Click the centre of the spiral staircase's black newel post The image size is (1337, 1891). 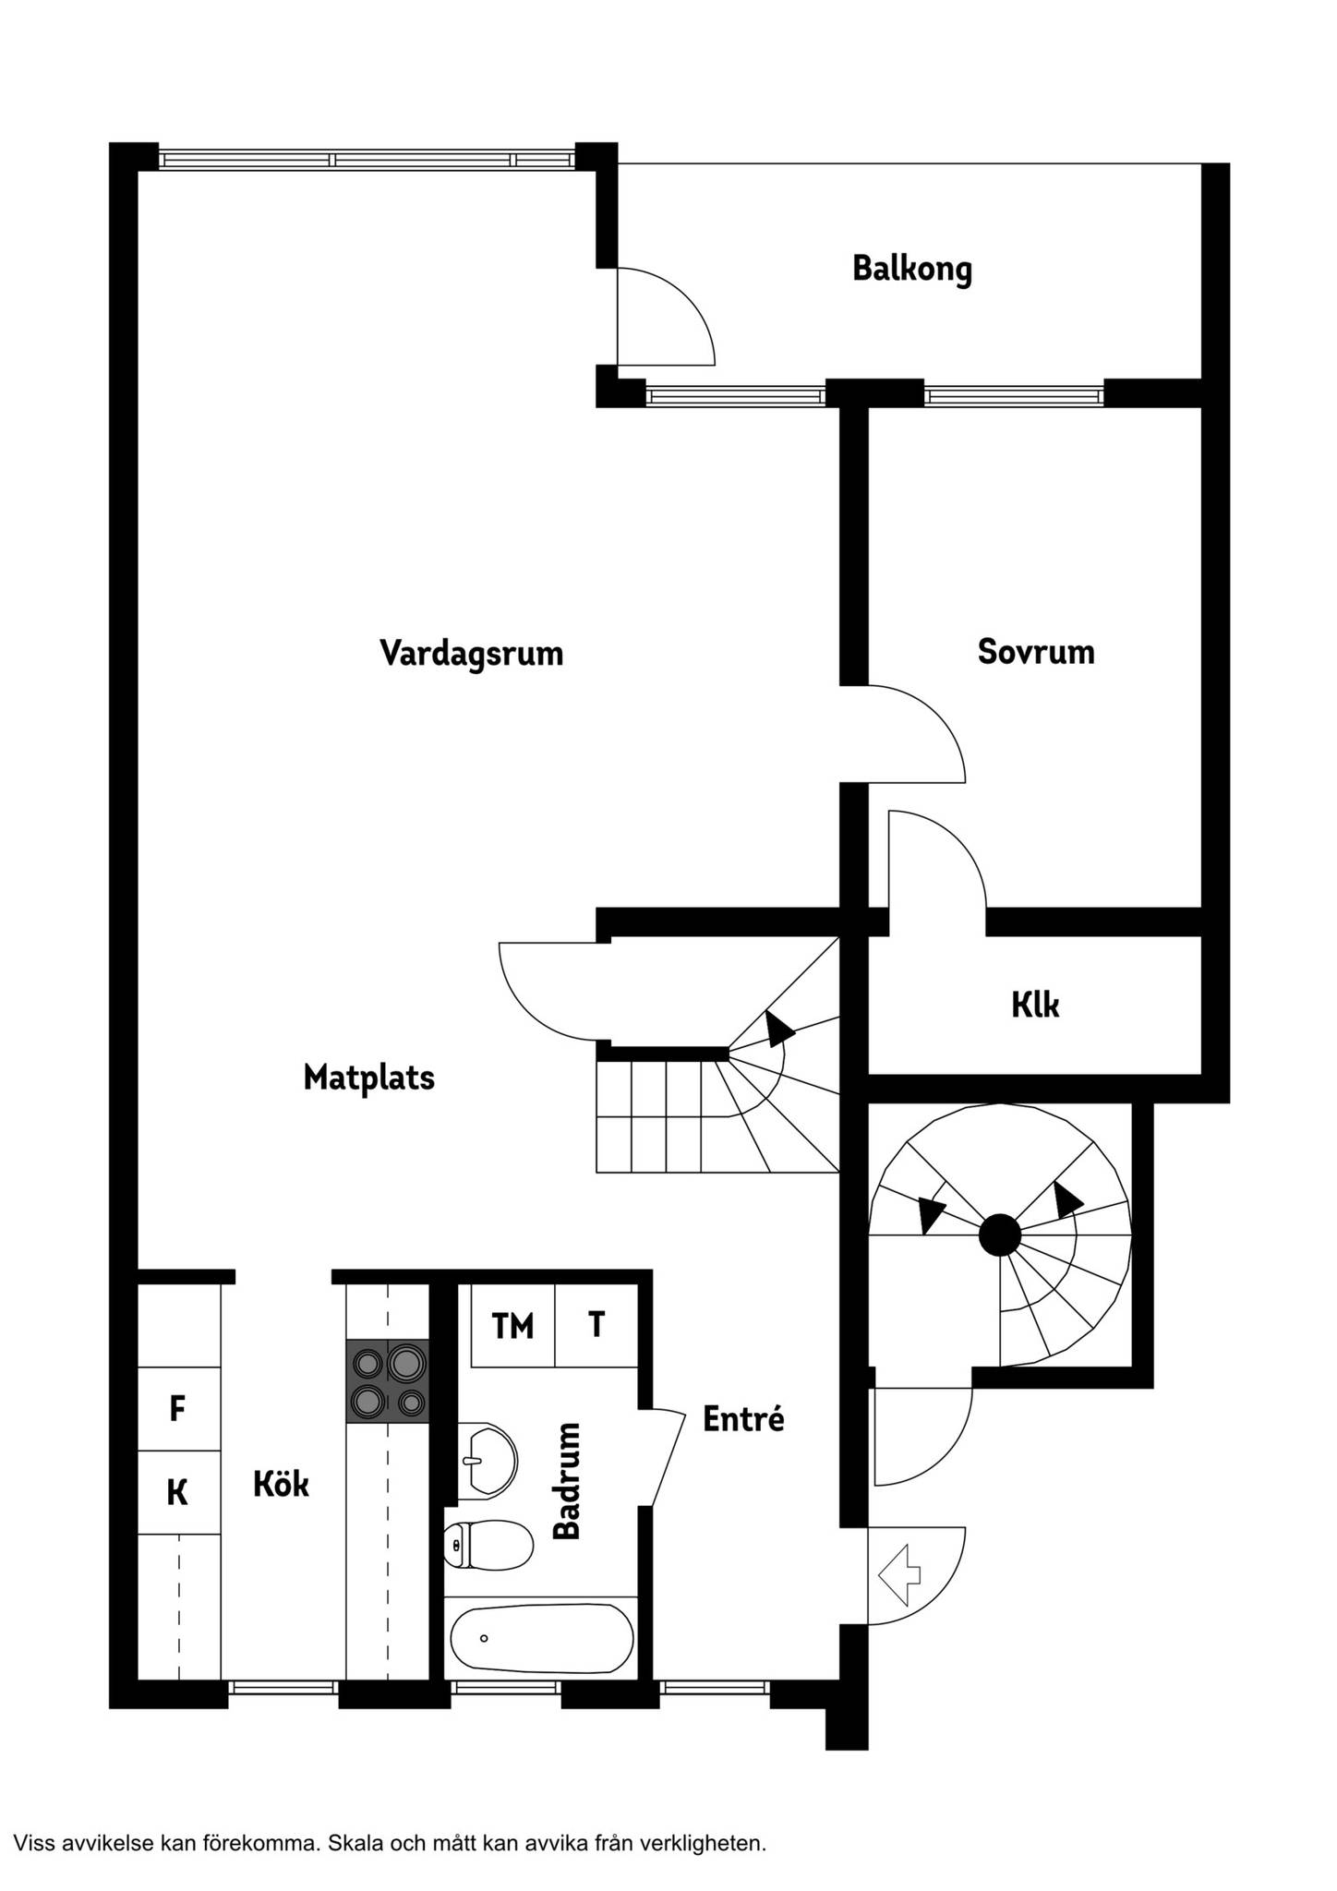pyautogui.click(x=1000, y=1235)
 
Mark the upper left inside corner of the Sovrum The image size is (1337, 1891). pyautogui.click(x=868, y=407)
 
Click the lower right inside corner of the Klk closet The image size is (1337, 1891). pyautogui.click(x=1201, y=1074)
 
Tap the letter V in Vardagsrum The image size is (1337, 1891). pyautogui.click(x=391, y=653)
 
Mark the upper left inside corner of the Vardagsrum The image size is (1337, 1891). pyautogui.click(x=138, y=171)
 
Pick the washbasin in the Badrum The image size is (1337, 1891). pyautogui.click(x=487, y=1462)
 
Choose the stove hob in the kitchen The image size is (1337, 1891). pyautogui.click(x=388, y=1379)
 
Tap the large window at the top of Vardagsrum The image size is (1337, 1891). pyautogui.click(x=367, y=160)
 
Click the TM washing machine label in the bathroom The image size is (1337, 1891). pyautogui.click(x=512, y=1326)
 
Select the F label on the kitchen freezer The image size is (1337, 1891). pyautogui.click(x=178, y=1409)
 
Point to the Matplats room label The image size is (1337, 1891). pyautogui.click(x=369, y=1078)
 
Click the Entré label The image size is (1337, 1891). pyautogui.click(x=743, y=1418)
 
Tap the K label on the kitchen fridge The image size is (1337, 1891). pyautogui.click(x=177, y=1492)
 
